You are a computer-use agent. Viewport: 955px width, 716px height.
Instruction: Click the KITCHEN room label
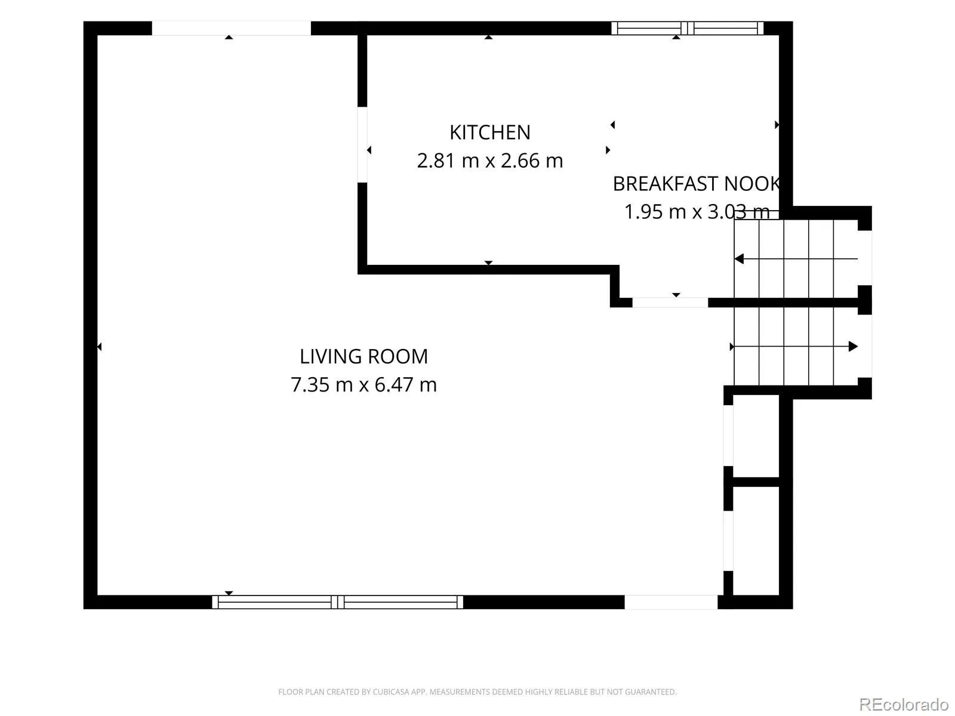coord(490,132)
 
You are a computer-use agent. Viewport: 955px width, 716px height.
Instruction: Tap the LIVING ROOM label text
coord(363,356)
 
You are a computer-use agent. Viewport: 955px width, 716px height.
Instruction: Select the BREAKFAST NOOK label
coord(696,184)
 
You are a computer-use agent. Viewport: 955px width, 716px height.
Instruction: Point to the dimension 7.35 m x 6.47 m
coord(363,385)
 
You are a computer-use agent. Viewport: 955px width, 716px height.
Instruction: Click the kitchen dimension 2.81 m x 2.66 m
coord(490,161)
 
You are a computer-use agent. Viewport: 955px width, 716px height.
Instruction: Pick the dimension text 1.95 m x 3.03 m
coord(697,212)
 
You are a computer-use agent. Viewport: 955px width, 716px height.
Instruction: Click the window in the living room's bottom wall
coord(338,602)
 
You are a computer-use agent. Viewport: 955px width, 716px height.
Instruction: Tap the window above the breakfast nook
coord(688,28)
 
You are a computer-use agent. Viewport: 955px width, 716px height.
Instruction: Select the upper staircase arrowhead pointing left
coord(739,259)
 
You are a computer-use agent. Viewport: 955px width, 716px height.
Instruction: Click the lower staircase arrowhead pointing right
coord(853,347)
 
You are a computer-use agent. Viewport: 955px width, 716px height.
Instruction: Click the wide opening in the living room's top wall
coord(231,28)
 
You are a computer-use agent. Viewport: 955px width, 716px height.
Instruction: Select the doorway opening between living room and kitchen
coord(362,145)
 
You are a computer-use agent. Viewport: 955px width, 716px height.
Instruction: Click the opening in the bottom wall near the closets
coord(671,602)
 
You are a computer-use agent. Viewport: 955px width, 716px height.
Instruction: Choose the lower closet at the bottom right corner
coord(756,541)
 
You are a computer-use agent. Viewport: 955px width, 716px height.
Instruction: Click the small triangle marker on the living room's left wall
coord(99,347)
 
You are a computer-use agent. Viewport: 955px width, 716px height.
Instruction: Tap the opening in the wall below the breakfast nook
coord(670,303)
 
